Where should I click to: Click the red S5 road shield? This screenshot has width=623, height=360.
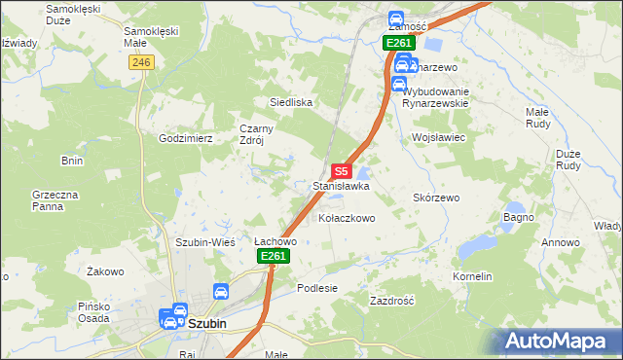point(340,169)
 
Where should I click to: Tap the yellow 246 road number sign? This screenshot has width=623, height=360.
point(141,61)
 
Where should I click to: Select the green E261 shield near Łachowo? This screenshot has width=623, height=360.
point(273,256)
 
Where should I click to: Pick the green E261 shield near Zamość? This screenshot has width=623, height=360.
point(398,43)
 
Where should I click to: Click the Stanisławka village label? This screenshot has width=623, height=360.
point(340,185)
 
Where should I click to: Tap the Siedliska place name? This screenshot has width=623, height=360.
point(290,101)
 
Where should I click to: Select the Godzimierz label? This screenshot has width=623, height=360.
point(186,138)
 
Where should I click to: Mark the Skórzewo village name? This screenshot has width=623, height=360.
point(435,197)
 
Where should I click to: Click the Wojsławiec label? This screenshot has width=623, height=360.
point(440,138)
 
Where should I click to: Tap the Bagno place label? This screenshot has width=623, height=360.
point(518,216)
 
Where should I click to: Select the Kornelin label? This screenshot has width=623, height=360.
point(472,277)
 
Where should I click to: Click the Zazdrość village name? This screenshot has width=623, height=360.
point(392,301)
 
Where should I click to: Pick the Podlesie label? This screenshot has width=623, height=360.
point(317,288)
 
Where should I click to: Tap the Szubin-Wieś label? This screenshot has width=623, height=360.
point(201,242)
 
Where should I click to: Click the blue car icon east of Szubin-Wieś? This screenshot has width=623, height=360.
point(221,290)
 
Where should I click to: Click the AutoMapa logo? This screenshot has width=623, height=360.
point(563,341)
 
